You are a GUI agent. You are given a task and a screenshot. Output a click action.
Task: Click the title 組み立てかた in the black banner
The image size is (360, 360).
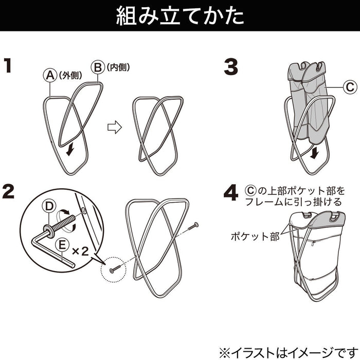point(179,15)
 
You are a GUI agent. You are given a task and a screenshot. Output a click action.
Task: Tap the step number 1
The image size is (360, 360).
point(8,66)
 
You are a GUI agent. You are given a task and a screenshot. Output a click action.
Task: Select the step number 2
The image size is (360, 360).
point(9,192)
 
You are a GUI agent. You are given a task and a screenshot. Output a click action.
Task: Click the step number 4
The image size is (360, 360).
point(231,193)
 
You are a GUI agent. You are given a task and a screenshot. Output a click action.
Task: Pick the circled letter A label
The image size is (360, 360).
point(49,75)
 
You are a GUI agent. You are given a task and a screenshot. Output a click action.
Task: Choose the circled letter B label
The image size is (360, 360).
point(97,67)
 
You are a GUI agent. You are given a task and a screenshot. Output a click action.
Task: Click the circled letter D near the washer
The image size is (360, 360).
point(48,206)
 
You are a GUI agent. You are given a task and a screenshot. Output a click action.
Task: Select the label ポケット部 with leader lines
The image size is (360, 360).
point(255,237)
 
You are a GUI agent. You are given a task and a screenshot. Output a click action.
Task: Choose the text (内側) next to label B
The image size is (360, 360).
point(118,67)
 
